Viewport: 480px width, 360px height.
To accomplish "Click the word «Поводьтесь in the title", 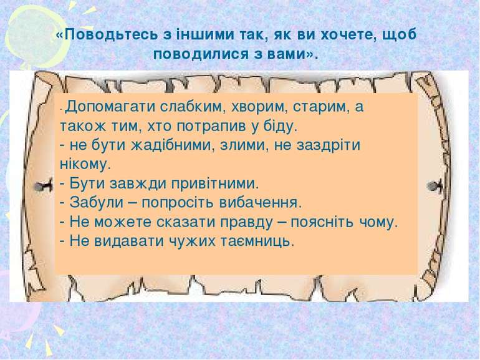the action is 107,35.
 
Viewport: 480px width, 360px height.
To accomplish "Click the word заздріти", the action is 328,145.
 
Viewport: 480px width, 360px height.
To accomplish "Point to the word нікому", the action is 85,165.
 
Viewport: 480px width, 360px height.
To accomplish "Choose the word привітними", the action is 215,184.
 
